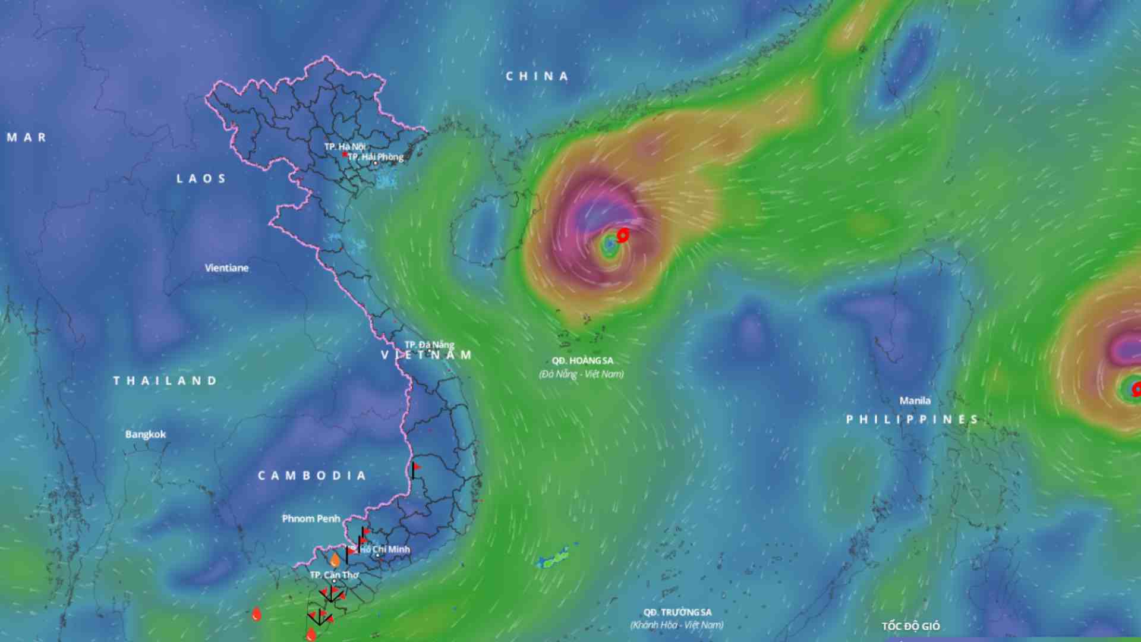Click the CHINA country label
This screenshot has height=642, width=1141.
click(x=537, y=77)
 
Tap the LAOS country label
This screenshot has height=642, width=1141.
click(x=201, y=179)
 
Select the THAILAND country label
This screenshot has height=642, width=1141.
click(x=165, y=381)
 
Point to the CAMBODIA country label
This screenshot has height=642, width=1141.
click(x=311, y=476)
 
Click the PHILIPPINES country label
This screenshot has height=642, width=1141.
click(x=912, y=420)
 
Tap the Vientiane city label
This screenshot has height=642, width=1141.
click(x=226, y=268)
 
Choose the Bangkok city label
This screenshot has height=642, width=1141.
click(x=146, y=435)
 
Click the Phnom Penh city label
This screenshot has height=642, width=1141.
click(x=311, y=519)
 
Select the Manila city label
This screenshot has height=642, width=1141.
click(x=915, y=401)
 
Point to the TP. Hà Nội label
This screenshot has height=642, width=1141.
click(x=345, y=146)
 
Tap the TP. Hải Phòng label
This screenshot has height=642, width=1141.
click(x=376, y=157)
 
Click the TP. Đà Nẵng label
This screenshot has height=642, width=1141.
click(x=429, y=345)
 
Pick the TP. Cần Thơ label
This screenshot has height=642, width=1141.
click(x=334, y=575)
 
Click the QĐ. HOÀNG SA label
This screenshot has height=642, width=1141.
click(x=582, y=361)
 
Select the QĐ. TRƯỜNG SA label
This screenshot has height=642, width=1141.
click(x=677, y=612)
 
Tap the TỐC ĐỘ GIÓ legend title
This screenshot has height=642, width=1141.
click(x=910, y=627)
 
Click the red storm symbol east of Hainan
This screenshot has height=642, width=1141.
click(x=622, y=235)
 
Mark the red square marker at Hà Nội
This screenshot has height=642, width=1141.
click(x=345, y=155)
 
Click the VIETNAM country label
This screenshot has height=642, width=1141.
click(x=425, y=355)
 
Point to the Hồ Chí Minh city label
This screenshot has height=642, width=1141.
click(x=384, y=549)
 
